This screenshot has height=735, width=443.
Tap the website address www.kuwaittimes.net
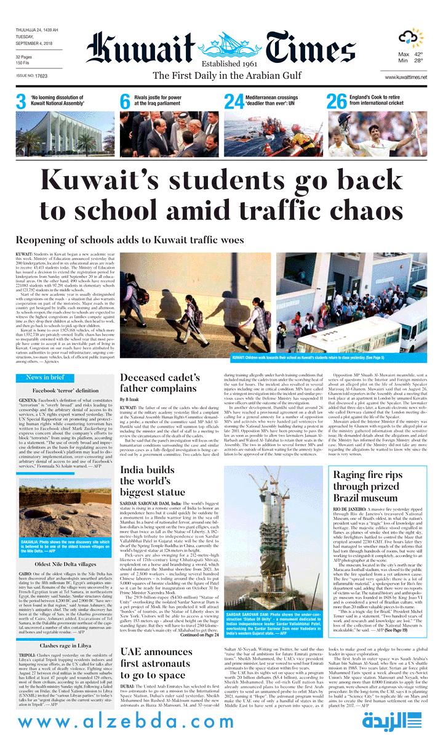pyautogui.click(x=405, y=76)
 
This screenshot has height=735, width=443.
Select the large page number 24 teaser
pyautogui.click(x=234, y=102)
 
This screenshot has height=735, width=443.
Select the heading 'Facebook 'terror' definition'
pyautogui.click(x=65, y=391)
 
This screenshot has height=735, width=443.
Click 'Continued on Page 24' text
pyautogui.click(x=199, y=635)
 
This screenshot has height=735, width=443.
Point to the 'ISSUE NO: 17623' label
pyautogui.click(x=32, y=76)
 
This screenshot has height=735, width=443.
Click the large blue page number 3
pyautogui.click(x=21, y=102)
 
